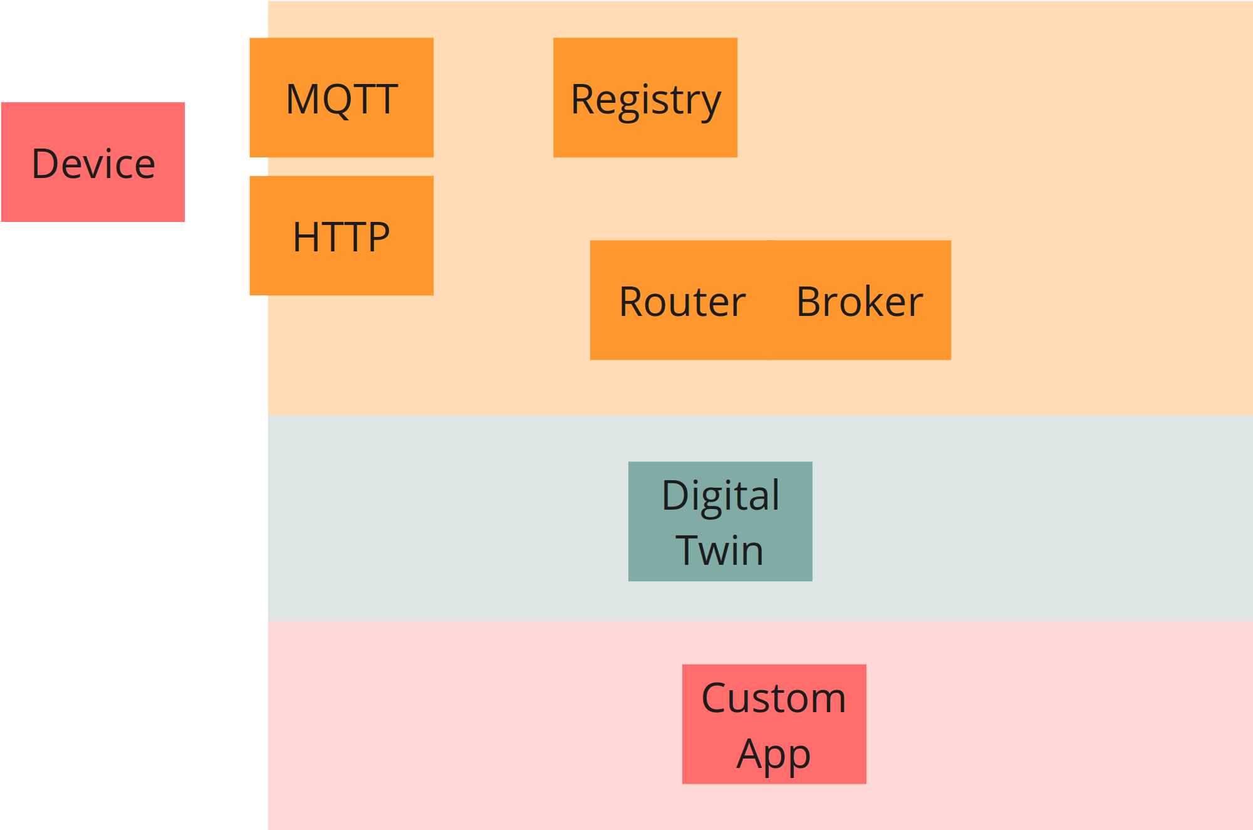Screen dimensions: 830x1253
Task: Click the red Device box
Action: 93,162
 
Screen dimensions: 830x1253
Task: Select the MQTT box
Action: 341,97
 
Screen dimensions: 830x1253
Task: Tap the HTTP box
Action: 341,235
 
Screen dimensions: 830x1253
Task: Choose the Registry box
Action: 645,97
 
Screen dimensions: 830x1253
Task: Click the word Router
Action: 682,302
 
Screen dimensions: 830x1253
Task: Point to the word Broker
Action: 860,302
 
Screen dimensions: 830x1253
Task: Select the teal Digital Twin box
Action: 720,522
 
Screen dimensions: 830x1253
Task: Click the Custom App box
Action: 774,724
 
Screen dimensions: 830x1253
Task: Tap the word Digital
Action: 720,495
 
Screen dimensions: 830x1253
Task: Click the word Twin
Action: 720,550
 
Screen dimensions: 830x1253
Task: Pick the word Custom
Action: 774,698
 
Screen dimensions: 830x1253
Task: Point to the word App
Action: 774,754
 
